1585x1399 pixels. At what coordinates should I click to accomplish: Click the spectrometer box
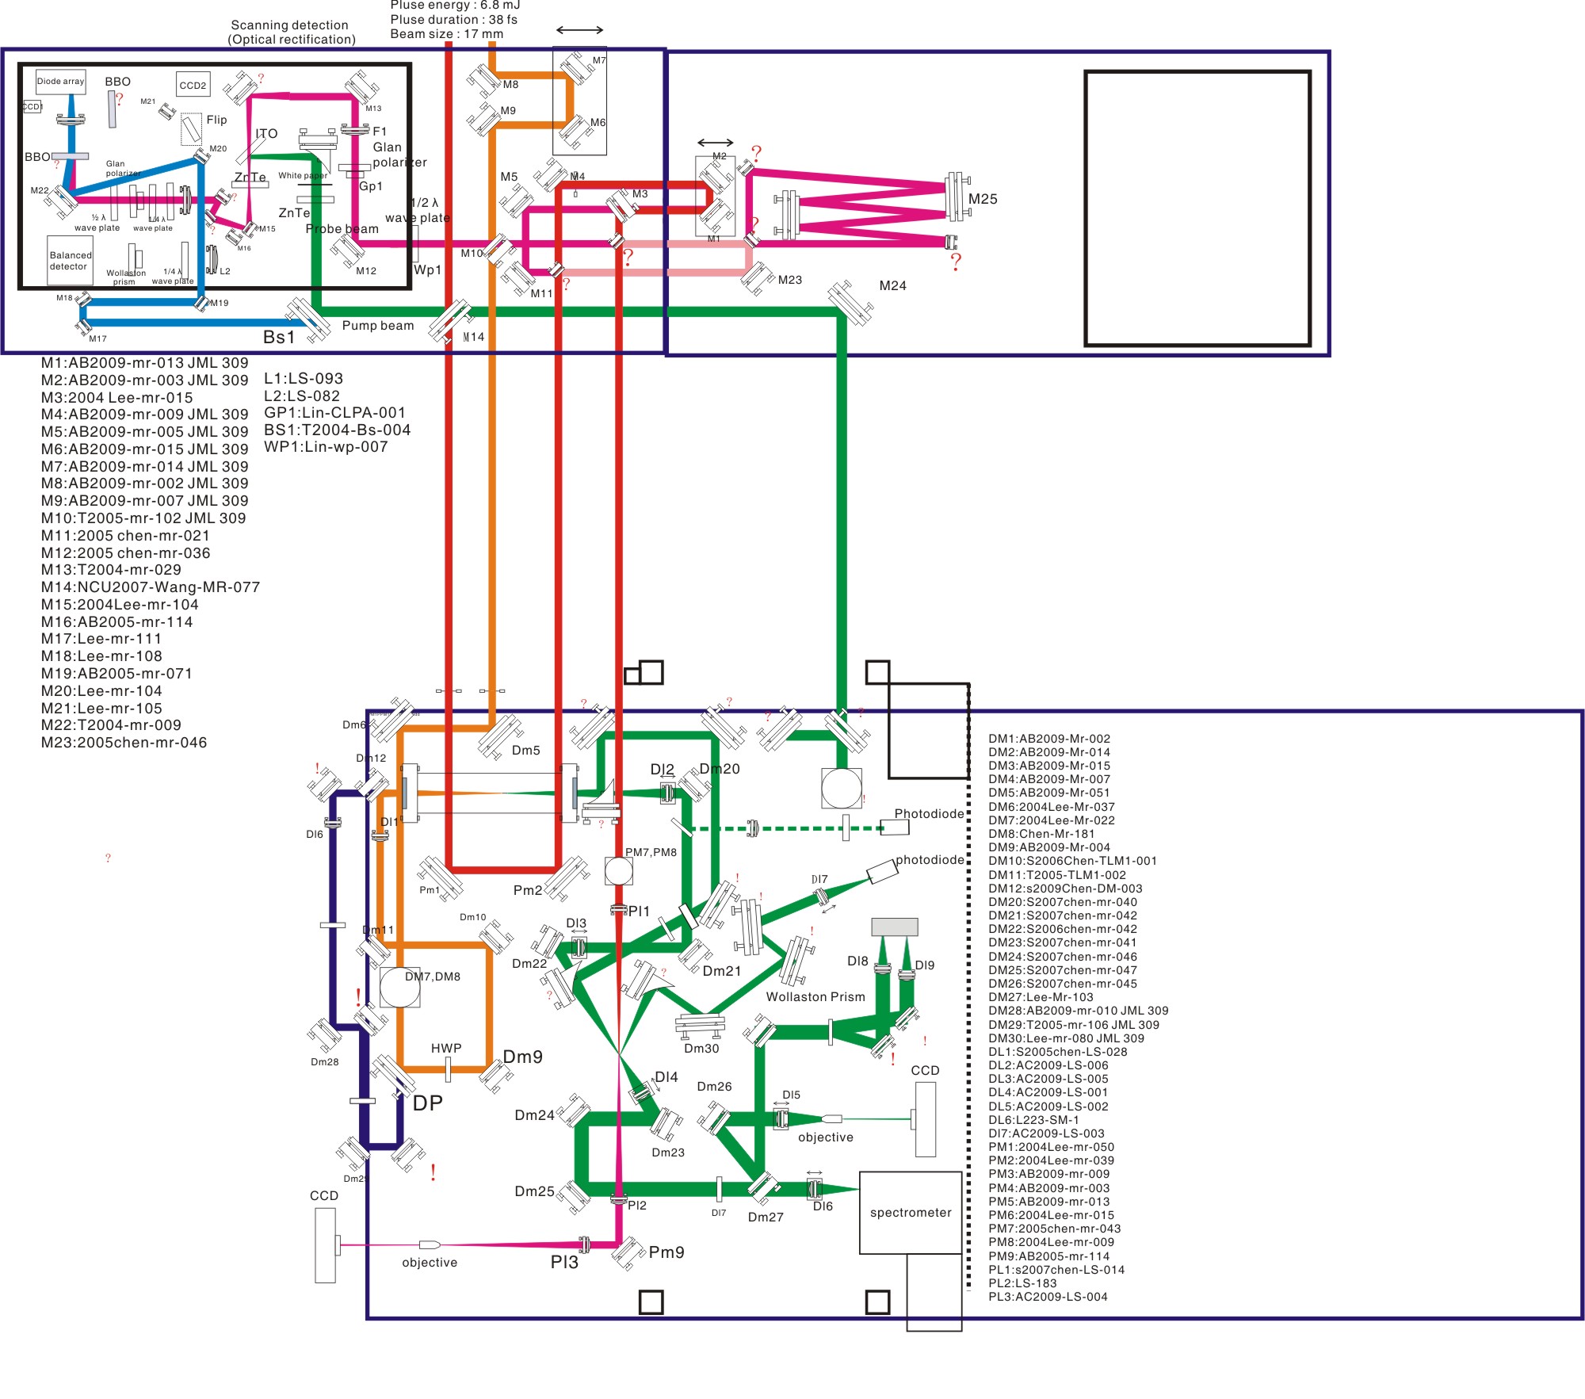(x=911, y=1212)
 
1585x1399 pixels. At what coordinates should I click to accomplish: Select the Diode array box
(x=60, y=81)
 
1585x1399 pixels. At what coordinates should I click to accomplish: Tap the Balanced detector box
(x=71, y=261)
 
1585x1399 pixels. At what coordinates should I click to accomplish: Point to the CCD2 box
(x=193, y=85)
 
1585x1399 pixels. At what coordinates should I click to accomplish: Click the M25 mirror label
(x=983, y=199)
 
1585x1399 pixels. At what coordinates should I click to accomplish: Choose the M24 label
(x=892, y=285)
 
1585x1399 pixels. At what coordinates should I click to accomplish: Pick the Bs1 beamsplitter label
(x=279, y=337)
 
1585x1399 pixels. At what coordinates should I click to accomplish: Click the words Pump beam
(x=378, y=325)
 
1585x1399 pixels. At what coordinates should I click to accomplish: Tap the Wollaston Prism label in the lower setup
(x=815, y=996)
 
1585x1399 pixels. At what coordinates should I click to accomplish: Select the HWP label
(x=446, y=1048)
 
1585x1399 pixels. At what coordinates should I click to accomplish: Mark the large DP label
(x=428, y=1103)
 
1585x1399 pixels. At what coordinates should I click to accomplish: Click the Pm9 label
(x=666, y=1252)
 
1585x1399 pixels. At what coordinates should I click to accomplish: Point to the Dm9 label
(x=523, y=1057)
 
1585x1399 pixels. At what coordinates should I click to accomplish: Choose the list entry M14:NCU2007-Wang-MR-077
(x=151, y=587)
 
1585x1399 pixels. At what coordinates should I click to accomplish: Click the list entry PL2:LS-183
(x=1022, y=1283)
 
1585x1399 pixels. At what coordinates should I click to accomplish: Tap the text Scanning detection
(x=289, y=25)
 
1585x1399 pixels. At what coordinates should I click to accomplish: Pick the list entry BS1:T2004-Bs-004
(x=337, y=430)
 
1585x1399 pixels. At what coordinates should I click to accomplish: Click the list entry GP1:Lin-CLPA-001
(x=334, y=412)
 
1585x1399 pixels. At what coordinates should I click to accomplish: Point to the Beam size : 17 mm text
(x=446, y=34)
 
